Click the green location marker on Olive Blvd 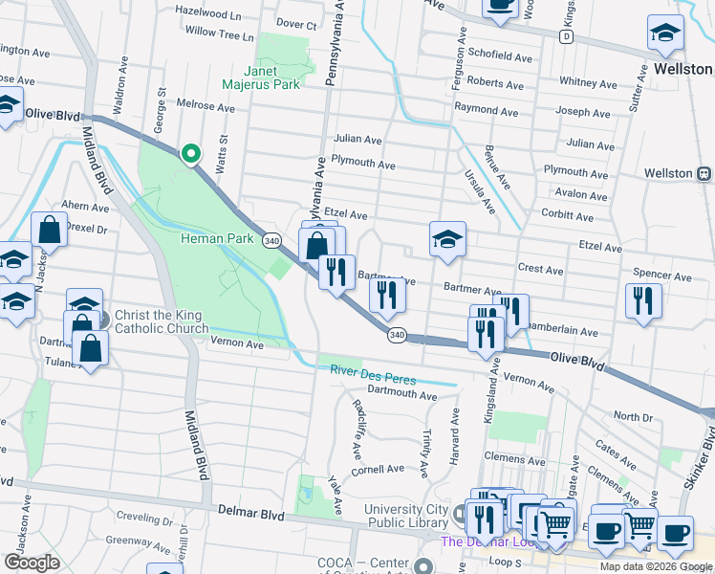190,153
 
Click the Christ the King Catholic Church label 162,322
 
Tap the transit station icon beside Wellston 704,174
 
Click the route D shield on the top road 566,36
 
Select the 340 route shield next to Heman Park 271,240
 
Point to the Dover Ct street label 295,24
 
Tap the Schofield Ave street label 500,57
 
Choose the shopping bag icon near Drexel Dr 49,230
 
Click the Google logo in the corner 32,563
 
